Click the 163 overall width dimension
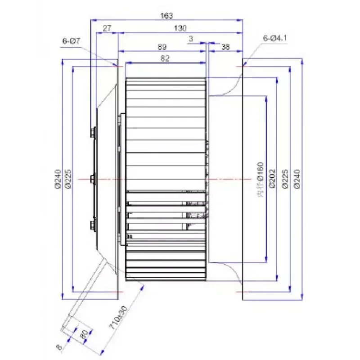[x=166, y=16]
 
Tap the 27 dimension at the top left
[x=107, y=28]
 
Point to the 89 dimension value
[x=162, y=46]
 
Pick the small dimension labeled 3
[x=191, y=40]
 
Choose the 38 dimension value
[x=226, y=46]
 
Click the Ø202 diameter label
[x=271, y=179]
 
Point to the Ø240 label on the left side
[x=58, y=179]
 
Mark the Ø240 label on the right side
[x=297, y=179]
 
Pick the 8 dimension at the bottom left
[x=58, y=346]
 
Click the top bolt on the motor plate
[x=93, y=132]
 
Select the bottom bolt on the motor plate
[x=93, y=224]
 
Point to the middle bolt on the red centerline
[x=92, y=179]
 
